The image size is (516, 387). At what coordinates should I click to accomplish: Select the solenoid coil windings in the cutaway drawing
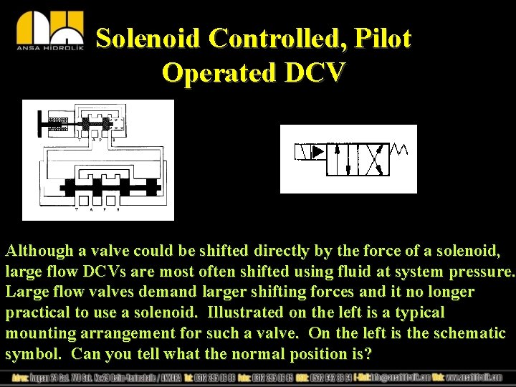57,123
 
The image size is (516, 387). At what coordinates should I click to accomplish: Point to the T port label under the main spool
77,208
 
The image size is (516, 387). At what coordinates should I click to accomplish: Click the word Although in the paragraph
40,252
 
